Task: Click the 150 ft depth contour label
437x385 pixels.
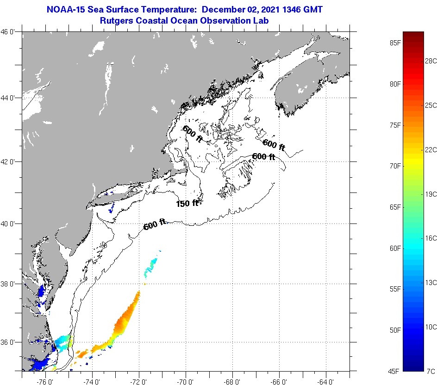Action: (x=187, y=203)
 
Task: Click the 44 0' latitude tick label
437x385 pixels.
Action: (x=10, y=98)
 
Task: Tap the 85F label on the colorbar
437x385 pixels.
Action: (x=395, y=43)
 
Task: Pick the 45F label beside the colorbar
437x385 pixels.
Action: (x=395, y=371)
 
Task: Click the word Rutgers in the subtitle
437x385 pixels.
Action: (x=116, y=20)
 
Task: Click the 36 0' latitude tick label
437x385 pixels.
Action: (x=10, y=342)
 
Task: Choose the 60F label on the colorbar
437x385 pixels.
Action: (x=395, y=248)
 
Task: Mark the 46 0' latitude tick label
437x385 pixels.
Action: (x=10, y=32)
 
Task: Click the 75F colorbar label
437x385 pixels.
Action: (x=395, y=125)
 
